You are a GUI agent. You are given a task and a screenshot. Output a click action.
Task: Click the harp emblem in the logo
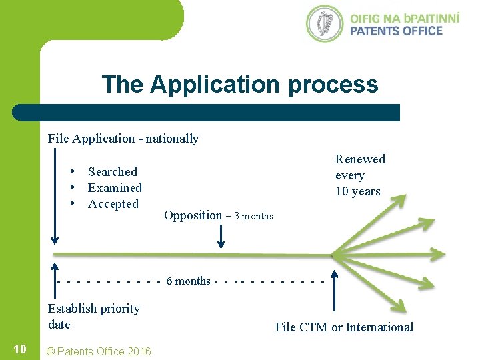click(x=325, y=23)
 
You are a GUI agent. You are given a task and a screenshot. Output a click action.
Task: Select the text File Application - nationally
click(x=123, y=139)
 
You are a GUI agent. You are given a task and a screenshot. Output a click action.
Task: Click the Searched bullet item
click(x=112, y=172)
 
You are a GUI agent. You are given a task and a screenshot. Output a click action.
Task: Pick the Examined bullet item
click(x=115, y=188)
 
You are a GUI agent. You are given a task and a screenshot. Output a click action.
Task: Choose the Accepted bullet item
click(x=113, y=204)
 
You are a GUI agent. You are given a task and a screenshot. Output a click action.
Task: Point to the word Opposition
click(x=193, y=215)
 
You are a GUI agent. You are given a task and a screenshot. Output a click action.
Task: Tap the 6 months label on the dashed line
click(x=188, y=281)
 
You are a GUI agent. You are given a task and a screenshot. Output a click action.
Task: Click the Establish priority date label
click(x=93, y=317)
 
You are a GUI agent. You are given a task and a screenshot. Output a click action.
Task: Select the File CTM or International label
click(x=344, y=327)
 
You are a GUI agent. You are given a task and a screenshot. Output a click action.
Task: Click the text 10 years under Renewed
click(x=357, y=192)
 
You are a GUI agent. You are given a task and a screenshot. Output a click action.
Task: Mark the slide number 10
click(x=20, y=349)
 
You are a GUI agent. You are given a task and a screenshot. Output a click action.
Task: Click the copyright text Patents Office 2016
click(x=97, y=351)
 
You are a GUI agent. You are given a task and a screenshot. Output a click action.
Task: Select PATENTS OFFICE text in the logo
click(x=396, y=31)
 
